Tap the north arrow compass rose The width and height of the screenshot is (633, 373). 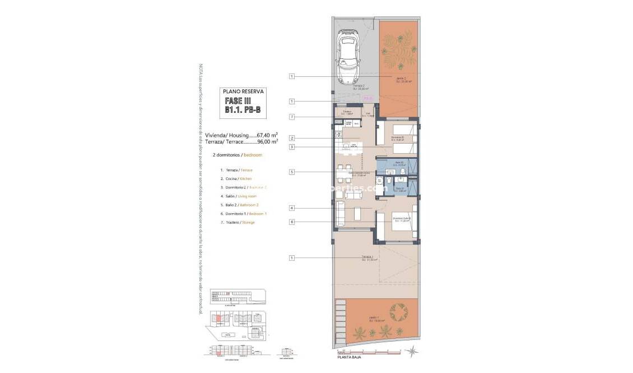[413, 351]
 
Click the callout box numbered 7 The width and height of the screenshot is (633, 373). [292, 117]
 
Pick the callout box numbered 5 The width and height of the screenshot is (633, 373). [292, 172]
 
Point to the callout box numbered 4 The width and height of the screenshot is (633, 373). [292, 208]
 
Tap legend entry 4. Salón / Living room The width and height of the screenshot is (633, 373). [239, 196]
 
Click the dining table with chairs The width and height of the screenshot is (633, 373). [343, 171]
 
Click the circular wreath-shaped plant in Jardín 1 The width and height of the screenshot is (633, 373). [399, 311]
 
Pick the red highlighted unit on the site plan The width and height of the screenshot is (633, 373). [217, 319]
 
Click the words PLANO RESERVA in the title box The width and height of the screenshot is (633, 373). [243, 91]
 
